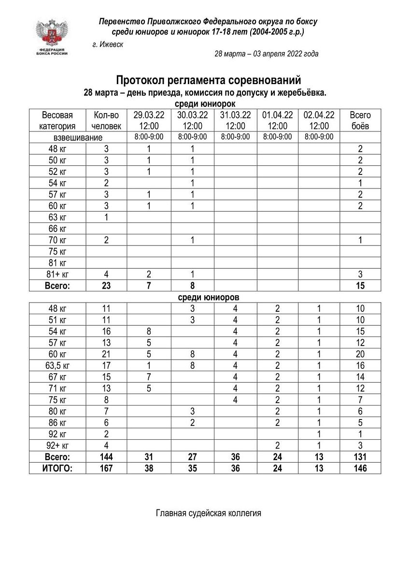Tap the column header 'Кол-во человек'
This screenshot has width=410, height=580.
point(106,121)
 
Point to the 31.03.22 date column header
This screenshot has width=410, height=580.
point(235,121)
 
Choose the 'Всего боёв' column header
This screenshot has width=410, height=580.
point(360,121)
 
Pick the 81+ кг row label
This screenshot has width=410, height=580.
point(57,275)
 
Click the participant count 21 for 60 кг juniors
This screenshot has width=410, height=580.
point(106,354)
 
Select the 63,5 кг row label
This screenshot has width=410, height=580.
point(57,365)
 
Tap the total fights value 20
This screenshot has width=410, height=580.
point(360,354)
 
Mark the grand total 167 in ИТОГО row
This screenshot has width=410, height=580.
point(106,468)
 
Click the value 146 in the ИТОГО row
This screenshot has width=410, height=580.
point(360,468)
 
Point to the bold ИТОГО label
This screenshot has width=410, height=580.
point(57,468)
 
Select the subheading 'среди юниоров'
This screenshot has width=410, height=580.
point(207,297)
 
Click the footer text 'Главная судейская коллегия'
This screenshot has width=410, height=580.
point(208,513)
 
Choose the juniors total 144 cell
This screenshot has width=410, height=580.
point(106,457)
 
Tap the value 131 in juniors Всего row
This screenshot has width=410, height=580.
point(360,457)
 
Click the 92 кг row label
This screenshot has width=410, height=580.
point(57,434)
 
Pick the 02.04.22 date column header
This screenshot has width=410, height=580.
point(319,121)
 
